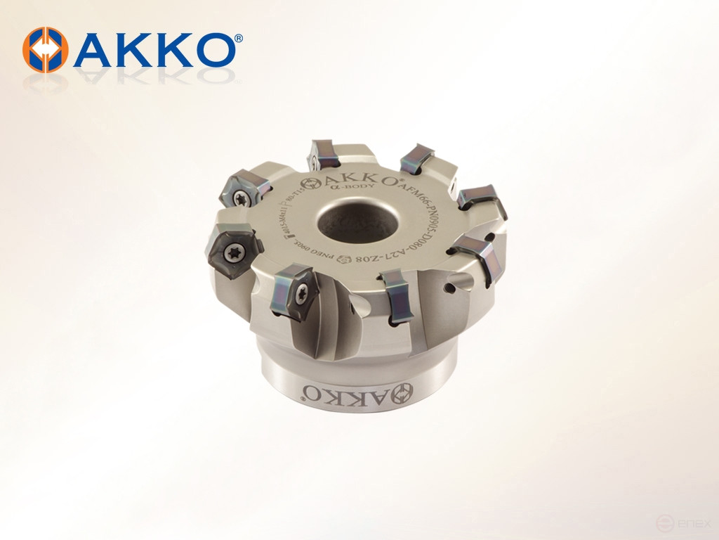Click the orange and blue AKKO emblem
[x=46, y=50]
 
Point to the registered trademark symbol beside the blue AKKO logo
[x=239, y=39]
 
